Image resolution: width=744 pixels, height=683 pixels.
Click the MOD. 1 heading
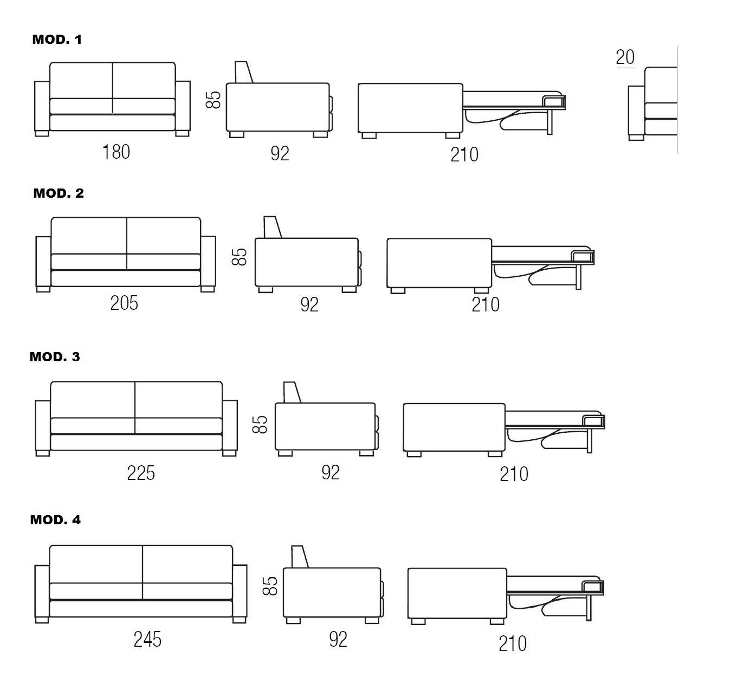(57, 40)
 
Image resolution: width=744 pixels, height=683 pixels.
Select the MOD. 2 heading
(59, 193)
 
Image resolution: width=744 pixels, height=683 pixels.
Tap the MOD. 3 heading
(55, 357)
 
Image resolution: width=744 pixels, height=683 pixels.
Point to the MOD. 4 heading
(55, 520)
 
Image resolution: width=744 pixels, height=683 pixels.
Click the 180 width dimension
(116, 152)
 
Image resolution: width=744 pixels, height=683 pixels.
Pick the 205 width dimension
(124, 303)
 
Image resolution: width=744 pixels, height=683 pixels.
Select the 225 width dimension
(141, 473)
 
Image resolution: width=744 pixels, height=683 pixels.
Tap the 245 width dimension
(147, 640)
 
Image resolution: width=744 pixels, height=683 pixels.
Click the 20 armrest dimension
(625, 57)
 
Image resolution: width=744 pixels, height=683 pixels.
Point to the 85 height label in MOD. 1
(215, 100)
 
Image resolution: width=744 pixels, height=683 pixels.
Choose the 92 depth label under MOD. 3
(331, 473)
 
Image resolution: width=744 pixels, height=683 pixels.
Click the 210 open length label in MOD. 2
(486, 305)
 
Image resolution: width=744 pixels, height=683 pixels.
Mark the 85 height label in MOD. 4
(270, 586)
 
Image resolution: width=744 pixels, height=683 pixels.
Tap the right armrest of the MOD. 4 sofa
(240, 591)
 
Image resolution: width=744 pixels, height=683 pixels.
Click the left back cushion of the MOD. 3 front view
(93, 400)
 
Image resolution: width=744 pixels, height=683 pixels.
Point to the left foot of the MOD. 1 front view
(42, 133)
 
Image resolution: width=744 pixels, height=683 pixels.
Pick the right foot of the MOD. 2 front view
(208, 289)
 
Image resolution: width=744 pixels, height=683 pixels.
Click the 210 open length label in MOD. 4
(512, 644)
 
